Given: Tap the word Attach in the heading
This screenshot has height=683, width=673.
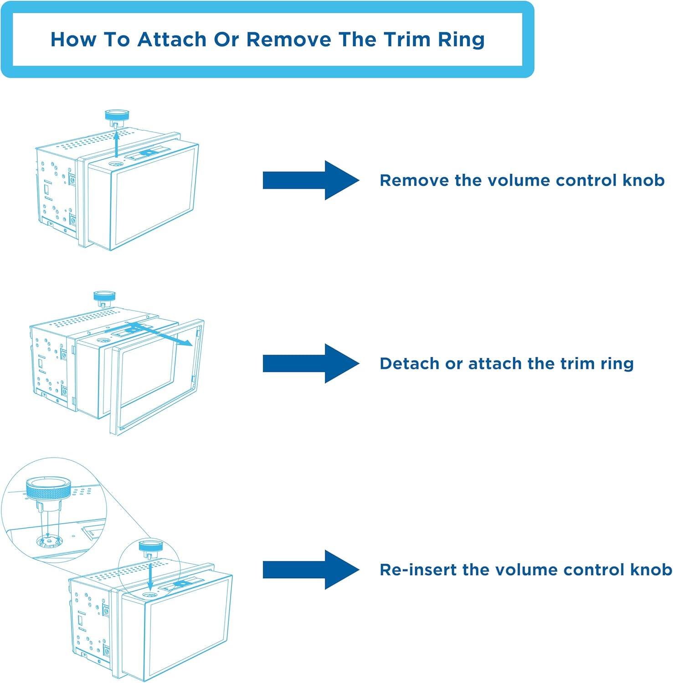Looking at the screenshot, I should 172,39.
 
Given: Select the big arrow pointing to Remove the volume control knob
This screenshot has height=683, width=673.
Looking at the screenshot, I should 311,180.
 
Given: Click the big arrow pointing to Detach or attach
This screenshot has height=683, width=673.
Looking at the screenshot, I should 311,363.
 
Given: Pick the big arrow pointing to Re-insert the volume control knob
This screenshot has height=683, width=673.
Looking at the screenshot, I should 311,570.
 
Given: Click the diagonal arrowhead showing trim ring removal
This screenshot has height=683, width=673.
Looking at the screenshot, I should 187,344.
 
